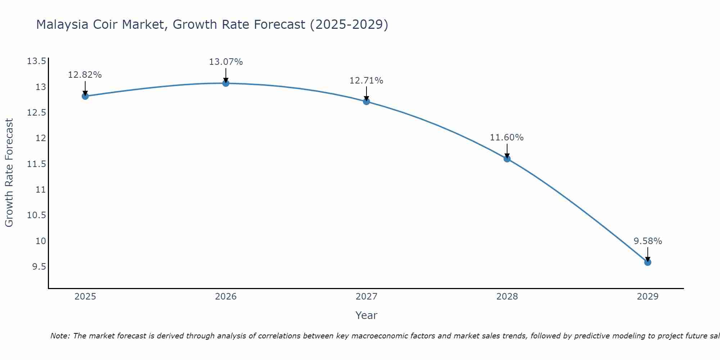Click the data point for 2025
[85, 96]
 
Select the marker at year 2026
[226, 83]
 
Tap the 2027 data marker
[366, 102]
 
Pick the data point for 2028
[507, 159]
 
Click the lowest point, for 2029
[648, 262]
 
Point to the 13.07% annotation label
[226, 62]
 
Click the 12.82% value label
[85, 75]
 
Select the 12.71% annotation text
[366, 81]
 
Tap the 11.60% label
[507, 138]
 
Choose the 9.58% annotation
[648, 241]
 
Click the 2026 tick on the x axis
[226, 297]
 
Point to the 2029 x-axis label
[648, 297]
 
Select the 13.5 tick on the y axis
[37, 61]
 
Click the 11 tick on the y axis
[41, 190]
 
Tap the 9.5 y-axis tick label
[39, 267]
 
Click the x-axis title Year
[366, 315]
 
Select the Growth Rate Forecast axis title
[9, 173]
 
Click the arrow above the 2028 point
[507, 150]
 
